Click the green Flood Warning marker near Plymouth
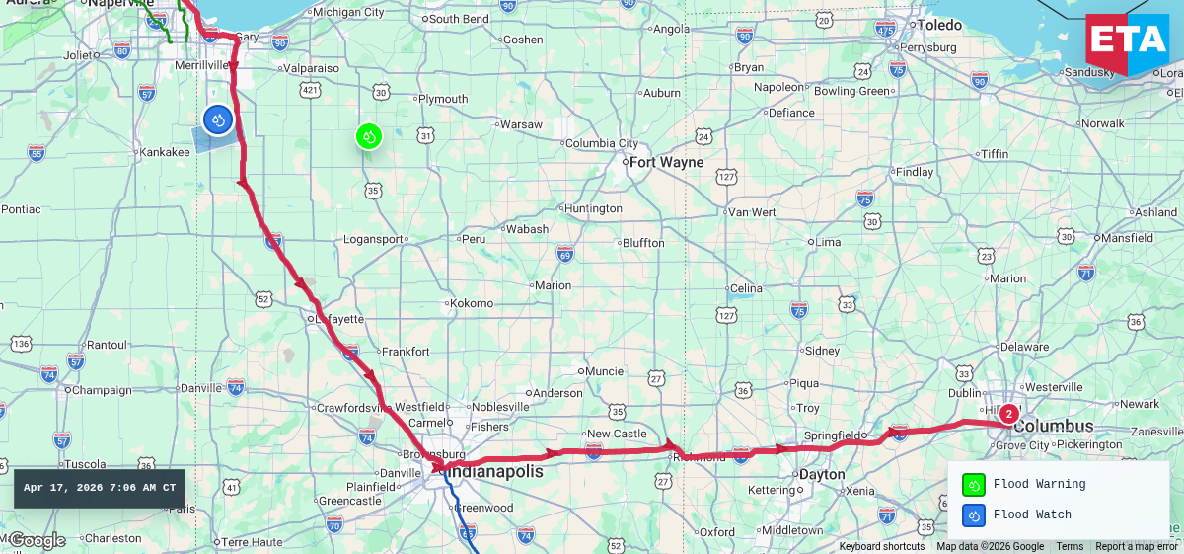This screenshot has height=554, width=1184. [369, 137]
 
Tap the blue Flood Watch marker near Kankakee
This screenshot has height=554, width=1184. [218, 119]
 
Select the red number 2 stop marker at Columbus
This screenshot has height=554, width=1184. [1008, 414]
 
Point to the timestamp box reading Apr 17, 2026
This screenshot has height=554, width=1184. [100, 488]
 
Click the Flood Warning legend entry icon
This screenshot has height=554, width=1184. [973, 485]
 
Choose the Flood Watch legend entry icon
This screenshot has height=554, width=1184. [973, 514]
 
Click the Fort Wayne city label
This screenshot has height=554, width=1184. [667, 162]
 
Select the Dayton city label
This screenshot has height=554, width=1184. [822, 474]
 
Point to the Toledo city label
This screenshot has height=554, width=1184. [939, 25]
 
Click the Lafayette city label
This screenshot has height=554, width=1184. [339, 319]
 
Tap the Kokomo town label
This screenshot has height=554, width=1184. [471, 303]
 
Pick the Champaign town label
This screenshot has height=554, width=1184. [104, 390]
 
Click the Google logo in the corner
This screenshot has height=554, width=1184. [37, 540]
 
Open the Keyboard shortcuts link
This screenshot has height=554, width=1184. [881, 547]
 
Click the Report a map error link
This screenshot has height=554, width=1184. [1136, 547]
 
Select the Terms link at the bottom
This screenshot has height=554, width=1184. [1069, 547]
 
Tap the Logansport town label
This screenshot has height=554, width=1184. [373, 239]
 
